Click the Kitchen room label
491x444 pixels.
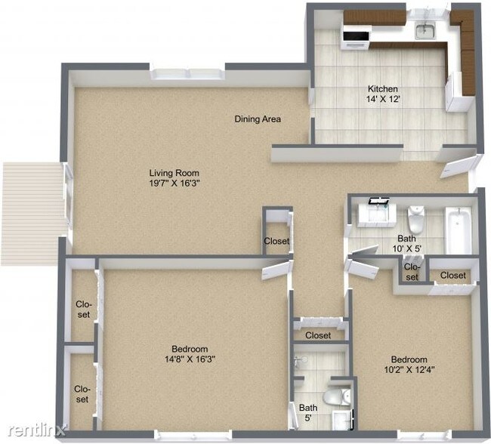click(x=378, y=88)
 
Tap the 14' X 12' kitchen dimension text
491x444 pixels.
click(x=378, y=99)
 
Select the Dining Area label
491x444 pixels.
click(x=258, y=119)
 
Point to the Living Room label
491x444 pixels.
click(x=174, y=173)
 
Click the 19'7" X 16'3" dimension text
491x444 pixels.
click(x=174, y=183)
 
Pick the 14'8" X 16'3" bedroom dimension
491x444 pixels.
click(x=190, y=359)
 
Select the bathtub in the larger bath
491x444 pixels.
click(x=458, y=230)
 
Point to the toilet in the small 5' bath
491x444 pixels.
click(x=333, y=397)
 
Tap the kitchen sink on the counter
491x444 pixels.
click(x=425, y=30)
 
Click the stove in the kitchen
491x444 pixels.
click(x=354, y=35)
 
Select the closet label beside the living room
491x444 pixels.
click(x=276, y=242)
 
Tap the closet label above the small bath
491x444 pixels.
click(x=318, y=335)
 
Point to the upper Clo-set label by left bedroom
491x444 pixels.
click(x=82, y=310)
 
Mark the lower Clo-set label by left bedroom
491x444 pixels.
click(x=82, y=394)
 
